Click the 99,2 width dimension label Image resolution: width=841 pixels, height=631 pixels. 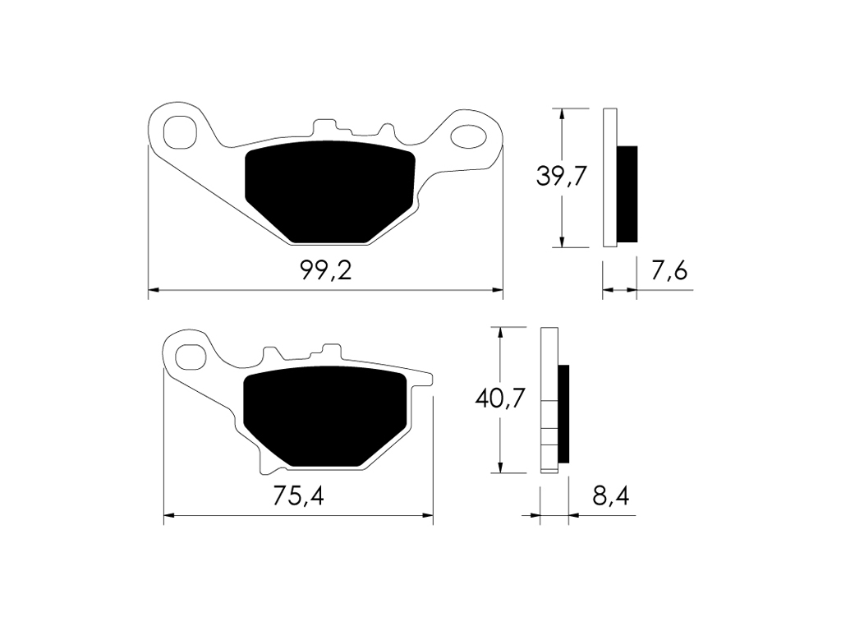(x=325, y=271)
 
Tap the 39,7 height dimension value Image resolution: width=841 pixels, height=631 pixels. (x=562, y=176)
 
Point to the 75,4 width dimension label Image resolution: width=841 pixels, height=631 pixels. (x=298, y=495)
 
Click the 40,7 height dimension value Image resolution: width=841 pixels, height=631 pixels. (x=500, y=398)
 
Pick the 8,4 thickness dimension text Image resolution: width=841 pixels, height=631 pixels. (x=610, y=495)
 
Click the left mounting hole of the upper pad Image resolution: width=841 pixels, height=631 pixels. (x=179, y=131)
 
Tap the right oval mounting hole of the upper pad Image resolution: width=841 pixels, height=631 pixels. (x=468, y=136)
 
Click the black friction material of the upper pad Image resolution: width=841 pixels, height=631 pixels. (x=330, y=191)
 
